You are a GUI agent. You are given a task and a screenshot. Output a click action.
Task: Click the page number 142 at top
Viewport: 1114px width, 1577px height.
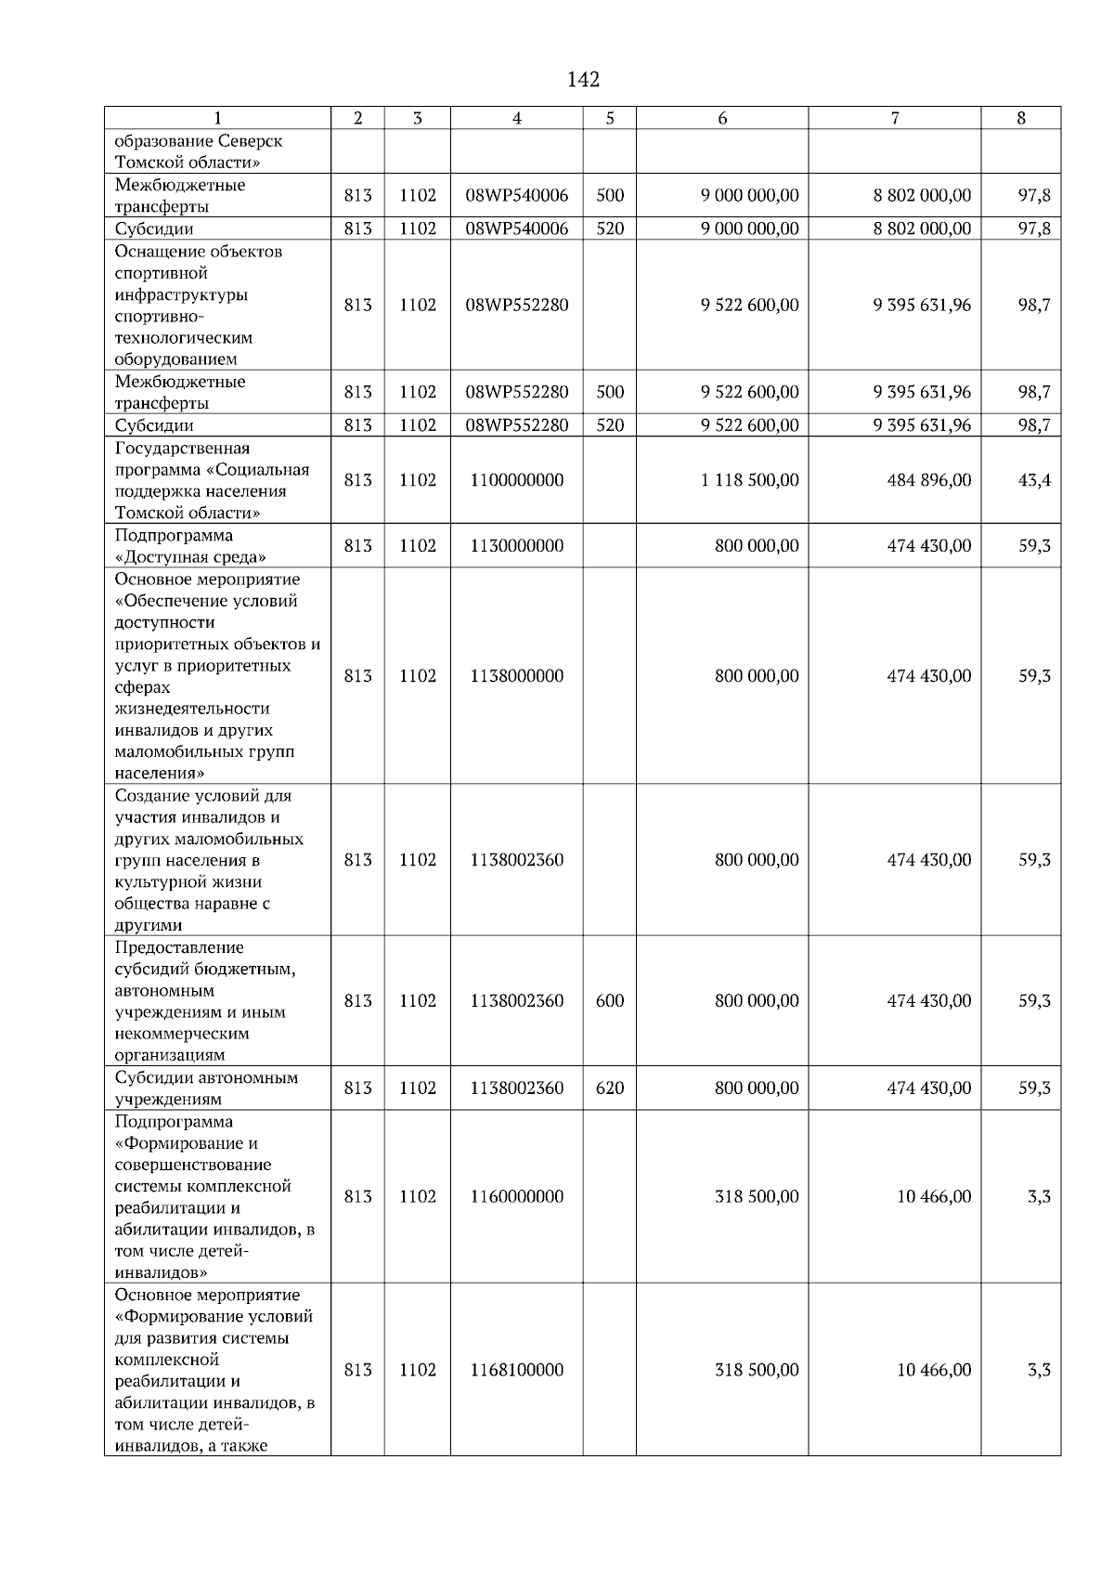pos(583,80)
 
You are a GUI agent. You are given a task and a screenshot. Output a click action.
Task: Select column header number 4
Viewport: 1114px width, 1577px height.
pos(516,118)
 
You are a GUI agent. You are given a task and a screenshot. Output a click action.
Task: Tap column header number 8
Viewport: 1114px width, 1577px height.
pos(1020,118)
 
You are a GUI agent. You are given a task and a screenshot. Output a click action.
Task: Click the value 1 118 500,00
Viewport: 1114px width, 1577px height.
pos(749,480)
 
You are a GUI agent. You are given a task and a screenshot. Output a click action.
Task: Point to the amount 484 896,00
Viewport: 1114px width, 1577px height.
pos(928,480)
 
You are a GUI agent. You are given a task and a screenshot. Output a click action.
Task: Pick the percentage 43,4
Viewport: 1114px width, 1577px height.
pos(1034,480)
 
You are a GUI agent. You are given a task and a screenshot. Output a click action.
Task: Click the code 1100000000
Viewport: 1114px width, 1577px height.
pos(516,480)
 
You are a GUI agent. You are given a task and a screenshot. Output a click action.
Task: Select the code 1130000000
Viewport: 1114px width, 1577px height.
pos(516,546)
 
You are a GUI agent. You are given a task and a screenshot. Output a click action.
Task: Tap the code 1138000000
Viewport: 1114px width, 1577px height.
pos(516,676)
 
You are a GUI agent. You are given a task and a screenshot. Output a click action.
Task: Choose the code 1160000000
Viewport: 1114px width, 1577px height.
pos(516,1197)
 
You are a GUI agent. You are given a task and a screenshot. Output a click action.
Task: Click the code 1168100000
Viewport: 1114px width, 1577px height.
pos(516,1371)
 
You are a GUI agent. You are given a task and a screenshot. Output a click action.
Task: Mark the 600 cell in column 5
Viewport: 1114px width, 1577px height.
pos(609,1001)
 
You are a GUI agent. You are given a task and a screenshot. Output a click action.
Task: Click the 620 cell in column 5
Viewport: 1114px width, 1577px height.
pos(609,1088)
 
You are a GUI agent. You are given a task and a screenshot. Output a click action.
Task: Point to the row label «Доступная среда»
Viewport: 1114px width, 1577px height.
pos(190,557)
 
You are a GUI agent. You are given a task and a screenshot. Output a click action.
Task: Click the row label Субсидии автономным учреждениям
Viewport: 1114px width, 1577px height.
pos(206,1088)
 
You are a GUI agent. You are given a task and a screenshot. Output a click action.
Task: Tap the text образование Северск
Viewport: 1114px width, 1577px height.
pos(199,141)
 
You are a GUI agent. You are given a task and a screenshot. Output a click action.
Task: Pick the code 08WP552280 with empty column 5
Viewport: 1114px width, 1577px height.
pos(516,306)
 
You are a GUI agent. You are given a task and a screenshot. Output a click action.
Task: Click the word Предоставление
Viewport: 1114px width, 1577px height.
pos(179,947)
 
